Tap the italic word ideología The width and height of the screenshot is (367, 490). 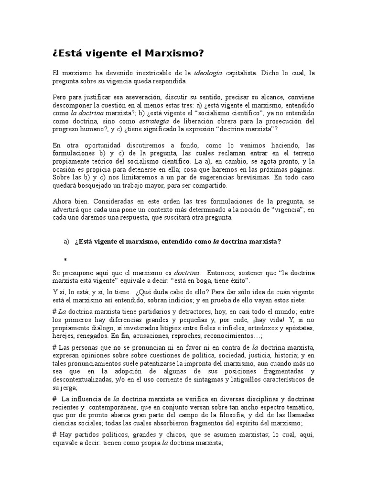pyautogui.click(x=207, y=73)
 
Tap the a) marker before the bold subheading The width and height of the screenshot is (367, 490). pyautogui.click(x=66, y=241)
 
